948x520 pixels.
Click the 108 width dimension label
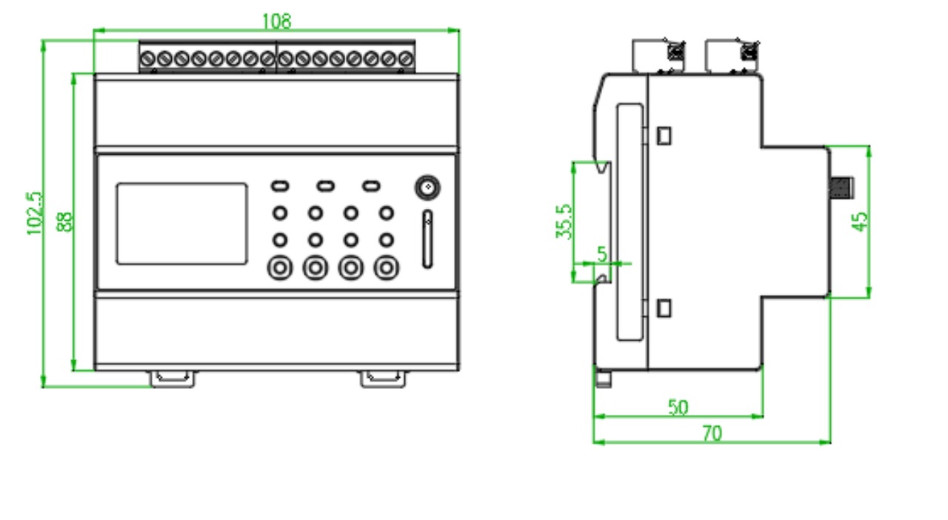pos(276,21)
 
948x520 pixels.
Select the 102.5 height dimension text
pos(35,213)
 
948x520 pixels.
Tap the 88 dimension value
pos(64,222)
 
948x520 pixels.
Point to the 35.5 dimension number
pos(564,221)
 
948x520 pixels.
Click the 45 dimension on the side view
pos(859,221)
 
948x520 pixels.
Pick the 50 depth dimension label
pos(678,407)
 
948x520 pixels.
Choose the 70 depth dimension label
pos(711,433)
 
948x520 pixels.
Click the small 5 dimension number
pos(601,253)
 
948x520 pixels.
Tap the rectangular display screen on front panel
pos(181,223)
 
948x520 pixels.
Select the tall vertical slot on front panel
pos(427,239)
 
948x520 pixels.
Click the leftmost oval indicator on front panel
pos(280,185)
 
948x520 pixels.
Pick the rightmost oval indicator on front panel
pos(371,185)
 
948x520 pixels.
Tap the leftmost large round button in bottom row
pos(280,267)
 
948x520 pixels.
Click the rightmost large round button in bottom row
pos(385,267)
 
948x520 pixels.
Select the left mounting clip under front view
pos(174,378)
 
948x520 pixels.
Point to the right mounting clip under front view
pos(383,378)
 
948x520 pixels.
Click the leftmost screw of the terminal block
pos(147,58)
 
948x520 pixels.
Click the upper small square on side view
pos(664,136)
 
